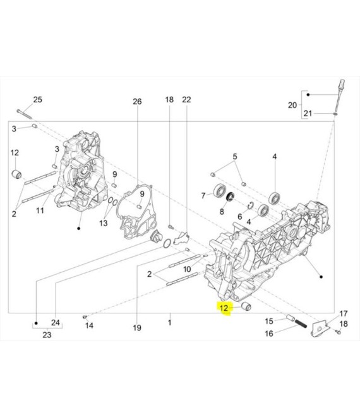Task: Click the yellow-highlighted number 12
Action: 224,308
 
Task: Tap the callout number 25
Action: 37,100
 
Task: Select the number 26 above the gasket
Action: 137,101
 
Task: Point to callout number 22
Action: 186,99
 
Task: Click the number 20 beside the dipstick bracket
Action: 292,106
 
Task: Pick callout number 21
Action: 308,114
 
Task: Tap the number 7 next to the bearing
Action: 203,196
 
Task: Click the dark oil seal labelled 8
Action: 231,196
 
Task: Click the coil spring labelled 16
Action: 301,324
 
